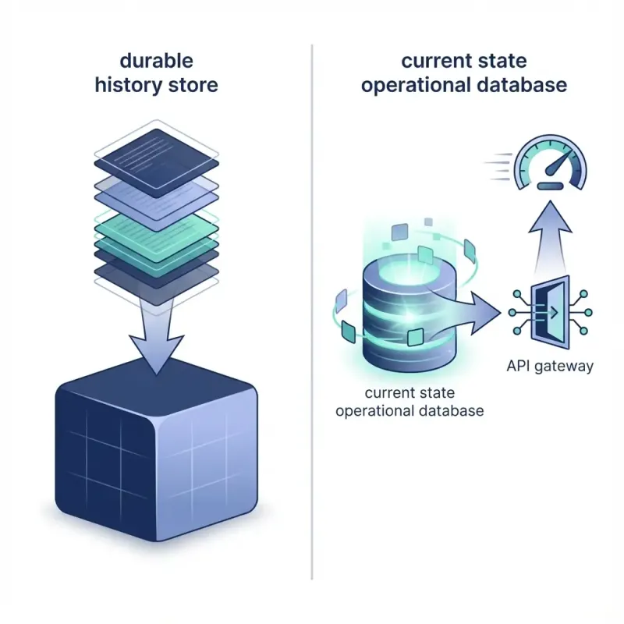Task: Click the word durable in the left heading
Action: pyautogui.click(x=157, y=60)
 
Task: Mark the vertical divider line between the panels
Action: pyautogui.click(x=312, y=312)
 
